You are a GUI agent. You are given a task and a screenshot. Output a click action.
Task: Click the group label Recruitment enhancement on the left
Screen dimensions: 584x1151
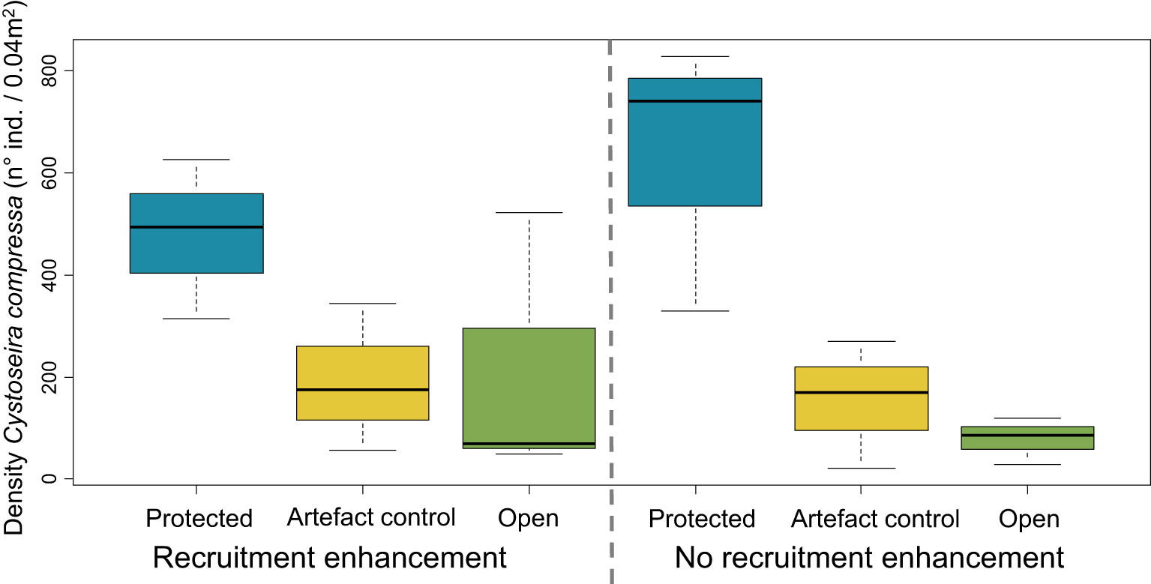[330, 559]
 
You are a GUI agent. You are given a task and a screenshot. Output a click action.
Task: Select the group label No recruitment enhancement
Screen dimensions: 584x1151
[869, 559]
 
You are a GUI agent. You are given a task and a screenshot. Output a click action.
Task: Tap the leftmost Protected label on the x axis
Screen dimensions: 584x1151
[199, 518]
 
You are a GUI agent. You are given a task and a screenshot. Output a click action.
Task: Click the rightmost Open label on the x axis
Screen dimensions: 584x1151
[1030, 519]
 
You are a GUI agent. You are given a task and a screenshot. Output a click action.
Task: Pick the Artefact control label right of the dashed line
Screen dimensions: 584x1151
[875, 518]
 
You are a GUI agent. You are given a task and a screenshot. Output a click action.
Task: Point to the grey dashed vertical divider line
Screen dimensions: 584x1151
[610, 300]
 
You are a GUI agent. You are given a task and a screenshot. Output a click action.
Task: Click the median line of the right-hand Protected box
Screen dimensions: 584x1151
[695, 100]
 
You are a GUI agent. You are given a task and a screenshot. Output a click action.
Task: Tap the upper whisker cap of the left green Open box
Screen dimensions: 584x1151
[529, 213]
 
